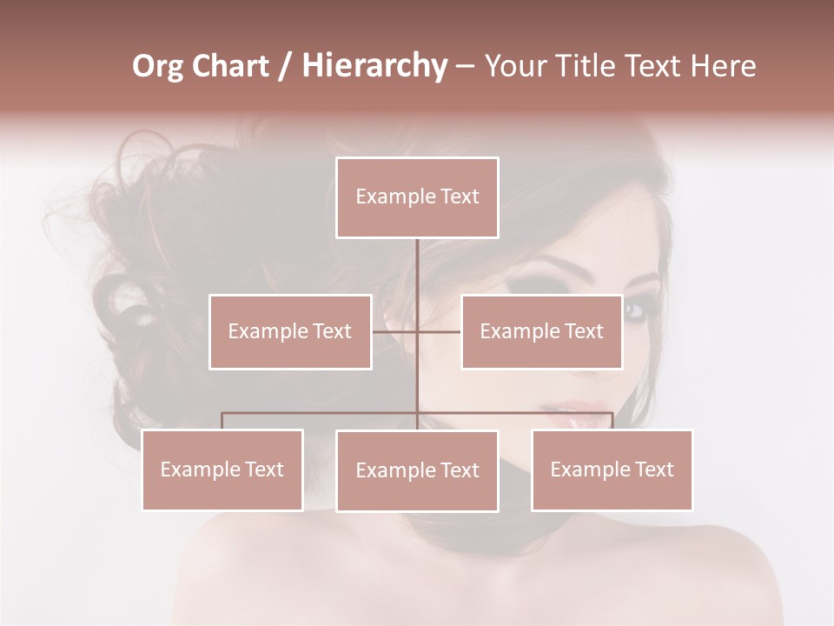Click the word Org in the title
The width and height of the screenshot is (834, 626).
[158, 66]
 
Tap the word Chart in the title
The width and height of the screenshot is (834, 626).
[231, 66]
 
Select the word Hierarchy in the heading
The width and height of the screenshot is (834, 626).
[374, 66]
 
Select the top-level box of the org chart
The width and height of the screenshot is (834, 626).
[417, 197]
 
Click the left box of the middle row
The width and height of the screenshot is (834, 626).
[290, 331]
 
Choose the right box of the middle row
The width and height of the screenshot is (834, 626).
[542, 331]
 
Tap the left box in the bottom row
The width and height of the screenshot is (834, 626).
[222, 469]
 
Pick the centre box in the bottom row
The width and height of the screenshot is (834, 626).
[417, 470]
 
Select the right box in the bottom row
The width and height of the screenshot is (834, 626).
[612, 469]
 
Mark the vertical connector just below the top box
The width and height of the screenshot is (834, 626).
[417, 261]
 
